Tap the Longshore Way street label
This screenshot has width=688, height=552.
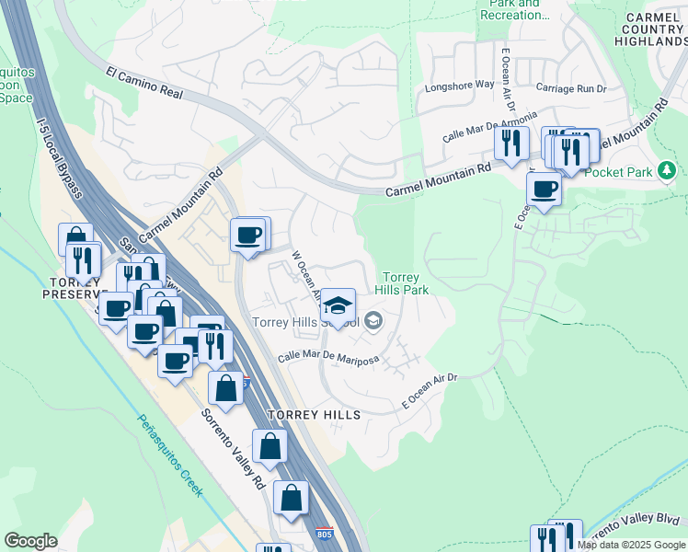pyautogui.click(x=460, y=87)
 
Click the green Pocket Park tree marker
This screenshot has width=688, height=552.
pyautogui.click(x=668, y=170)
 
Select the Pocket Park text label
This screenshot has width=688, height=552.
pyautogui.click(x=618, y=172)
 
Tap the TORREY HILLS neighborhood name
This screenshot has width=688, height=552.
pyautogui.click(x=314, y=415)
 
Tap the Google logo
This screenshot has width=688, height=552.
pyautogui.click(x=30, y=541)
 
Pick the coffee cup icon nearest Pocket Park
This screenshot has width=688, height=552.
pyautogui.click(x=544, y=190)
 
